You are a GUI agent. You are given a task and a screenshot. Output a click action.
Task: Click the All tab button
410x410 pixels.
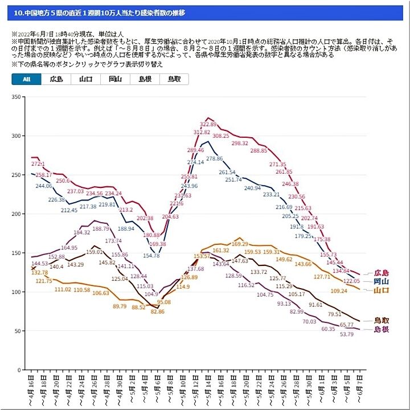tap(26, 80)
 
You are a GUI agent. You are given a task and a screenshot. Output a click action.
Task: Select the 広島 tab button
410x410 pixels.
tap(56, 80)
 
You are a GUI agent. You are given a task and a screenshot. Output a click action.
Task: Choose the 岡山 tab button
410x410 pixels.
tap(115, 80)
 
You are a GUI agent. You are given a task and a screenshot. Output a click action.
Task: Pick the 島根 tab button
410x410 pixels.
tap(145, 80)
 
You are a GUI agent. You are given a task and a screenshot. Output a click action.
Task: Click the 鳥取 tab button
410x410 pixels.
tap(174, 80)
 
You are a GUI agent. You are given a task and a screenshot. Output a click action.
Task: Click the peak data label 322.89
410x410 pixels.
tap(208, 124)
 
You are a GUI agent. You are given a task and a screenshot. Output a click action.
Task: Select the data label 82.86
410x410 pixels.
tap(158, 312)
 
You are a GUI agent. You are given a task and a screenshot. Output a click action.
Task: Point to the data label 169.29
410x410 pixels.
tap(240, 244)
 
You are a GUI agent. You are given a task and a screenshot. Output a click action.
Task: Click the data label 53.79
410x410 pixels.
tap(346, 334)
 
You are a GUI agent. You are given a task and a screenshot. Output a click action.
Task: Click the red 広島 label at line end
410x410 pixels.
tap(381, 273)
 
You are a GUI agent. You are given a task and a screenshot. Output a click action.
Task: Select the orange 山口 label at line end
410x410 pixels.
tap(381, 290)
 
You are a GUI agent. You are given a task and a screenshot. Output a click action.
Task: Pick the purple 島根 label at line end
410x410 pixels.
tap(381, 329)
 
